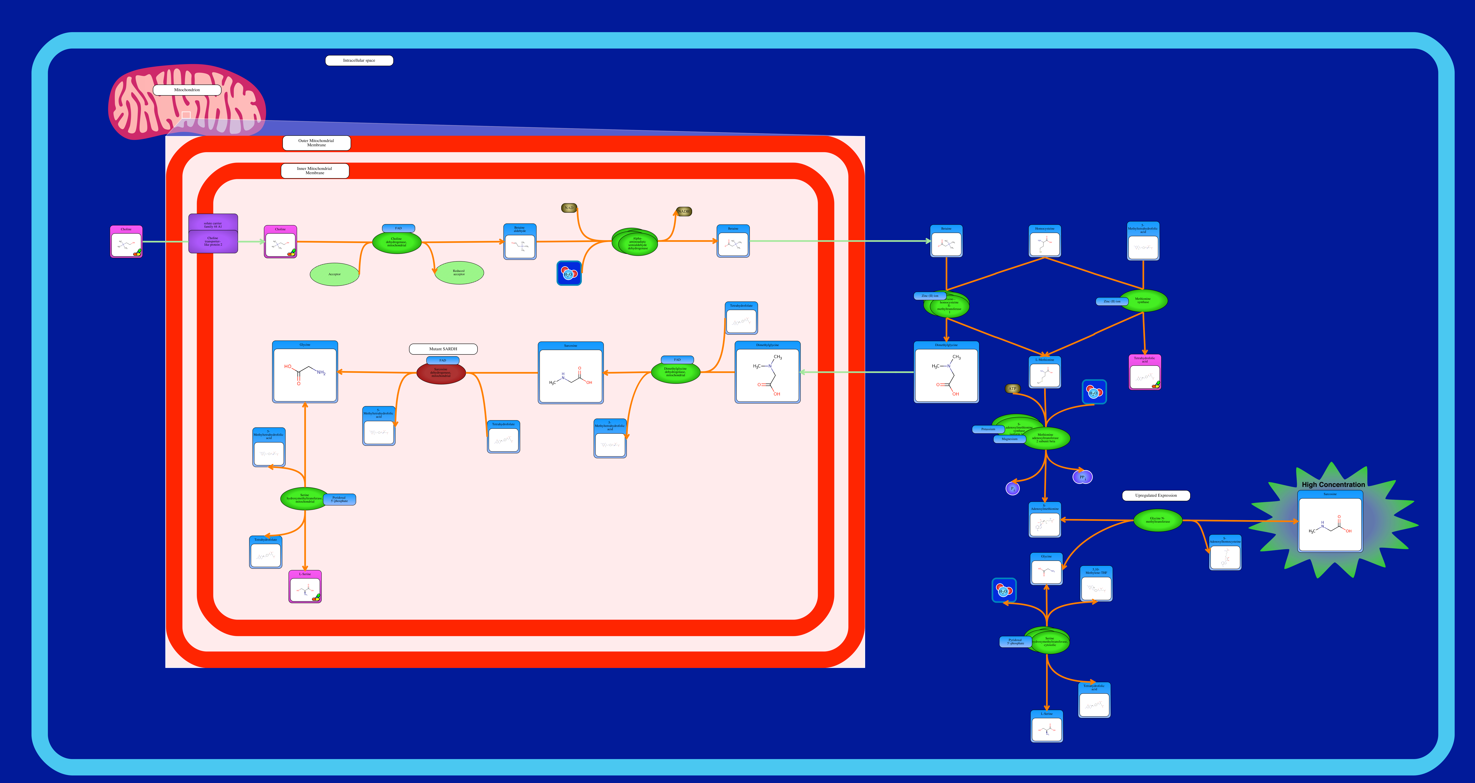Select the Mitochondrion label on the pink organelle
187,90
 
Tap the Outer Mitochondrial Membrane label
316,142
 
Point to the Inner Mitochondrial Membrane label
314,171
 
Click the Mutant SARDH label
443,349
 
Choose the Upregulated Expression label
1156,495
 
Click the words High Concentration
1333,484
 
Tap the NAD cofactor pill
569,208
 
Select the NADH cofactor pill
684,211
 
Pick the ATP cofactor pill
1012,389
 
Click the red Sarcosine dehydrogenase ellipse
441,373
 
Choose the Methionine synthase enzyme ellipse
1143,301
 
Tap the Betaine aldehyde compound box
519,242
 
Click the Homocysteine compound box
1044,241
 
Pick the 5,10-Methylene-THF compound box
1096,584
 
